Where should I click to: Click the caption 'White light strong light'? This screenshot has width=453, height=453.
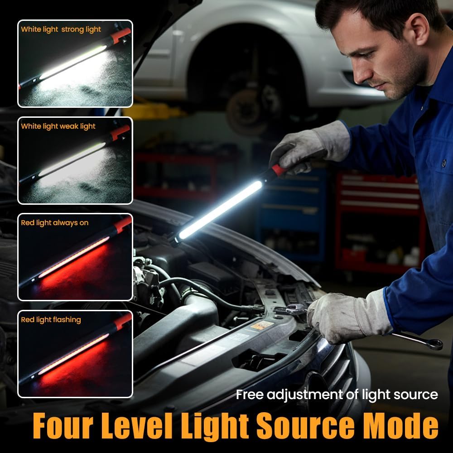(x=61, y=30)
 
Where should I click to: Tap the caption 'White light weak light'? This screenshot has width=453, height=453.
(x=58, y=126)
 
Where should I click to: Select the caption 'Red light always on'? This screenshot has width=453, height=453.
(x=54, y=223)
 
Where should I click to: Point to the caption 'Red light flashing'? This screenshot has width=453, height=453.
(x=51, y=320)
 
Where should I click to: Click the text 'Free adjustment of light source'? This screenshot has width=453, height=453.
(x=337, y=395)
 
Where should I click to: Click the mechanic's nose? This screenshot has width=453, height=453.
(x=353, y=75)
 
